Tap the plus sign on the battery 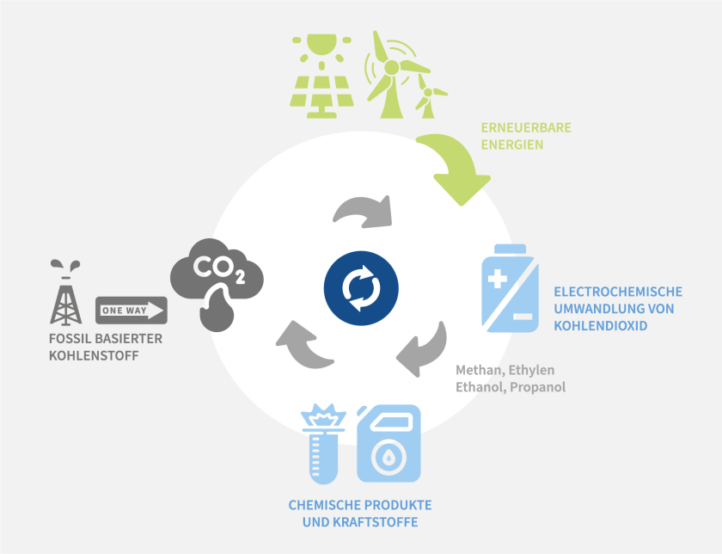498,280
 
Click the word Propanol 538,387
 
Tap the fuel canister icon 389,443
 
